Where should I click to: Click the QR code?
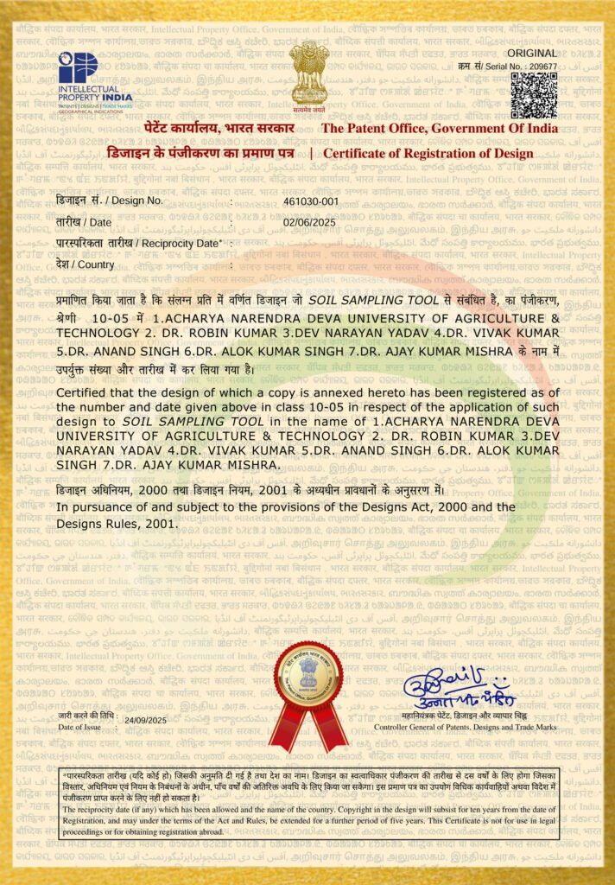pos(533,95)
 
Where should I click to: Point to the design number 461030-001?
pos(311,201)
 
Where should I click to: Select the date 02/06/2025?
pos(309,222)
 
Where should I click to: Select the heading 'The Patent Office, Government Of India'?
pos(440,129)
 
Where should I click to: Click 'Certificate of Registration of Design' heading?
pos(428,154)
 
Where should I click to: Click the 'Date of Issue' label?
pos(80,727)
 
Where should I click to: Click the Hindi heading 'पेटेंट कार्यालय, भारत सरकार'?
pos(219,129)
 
